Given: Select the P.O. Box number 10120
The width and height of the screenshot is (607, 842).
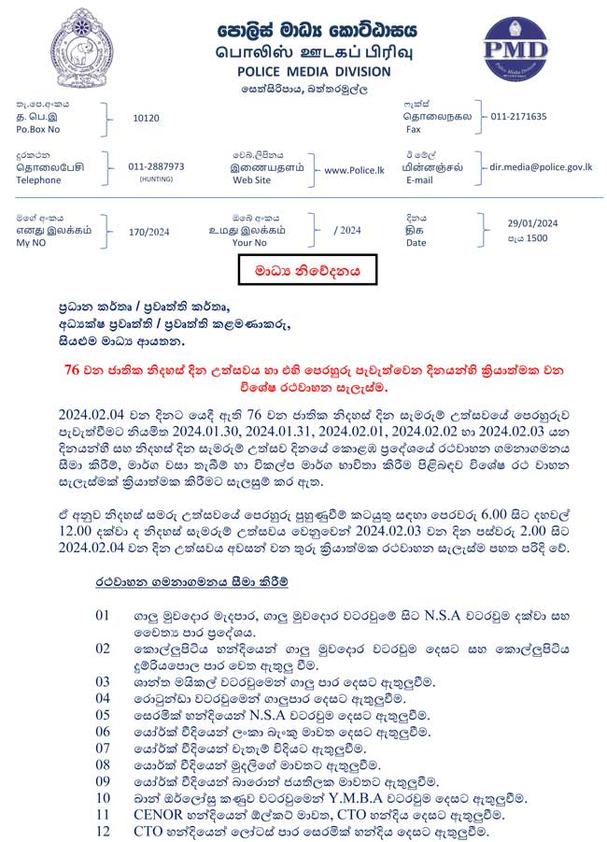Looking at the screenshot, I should coord(147,118).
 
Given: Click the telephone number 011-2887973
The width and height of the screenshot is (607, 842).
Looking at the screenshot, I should coord(156,166).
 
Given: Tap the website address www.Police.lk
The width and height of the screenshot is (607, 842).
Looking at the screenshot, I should coord(354,170).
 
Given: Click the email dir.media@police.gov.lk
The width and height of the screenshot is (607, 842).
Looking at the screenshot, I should coord(541,166).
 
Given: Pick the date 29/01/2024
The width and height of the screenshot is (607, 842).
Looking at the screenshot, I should coord(532,222).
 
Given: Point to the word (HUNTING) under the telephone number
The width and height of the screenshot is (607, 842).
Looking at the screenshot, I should coord(156,178).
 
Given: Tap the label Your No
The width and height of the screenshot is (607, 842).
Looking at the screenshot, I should coord(249,242).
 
